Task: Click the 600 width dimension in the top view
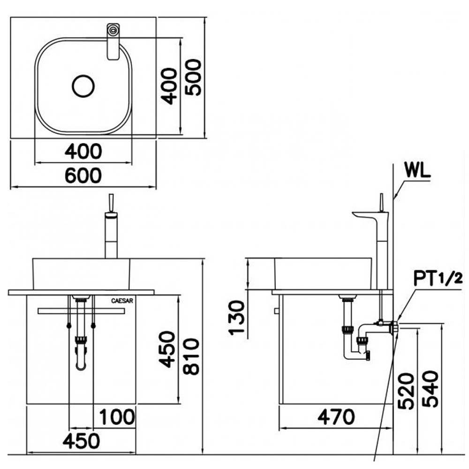click(83, 175)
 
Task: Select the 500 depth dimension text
click(193, 77)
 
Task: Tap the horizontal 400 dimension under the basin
click(83, 151)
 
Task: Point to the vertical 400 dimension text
click(169, 86)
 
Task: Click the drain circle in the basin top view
click(83, 86)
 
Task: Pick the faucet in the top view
click(113, 42)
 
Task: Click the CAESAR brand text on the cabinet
click(122, 301)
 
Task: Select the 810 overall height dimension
click(191, 356)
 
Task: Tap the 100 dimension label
click(117, 417)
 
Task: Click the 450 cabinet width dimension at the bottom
click(81, 441)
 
